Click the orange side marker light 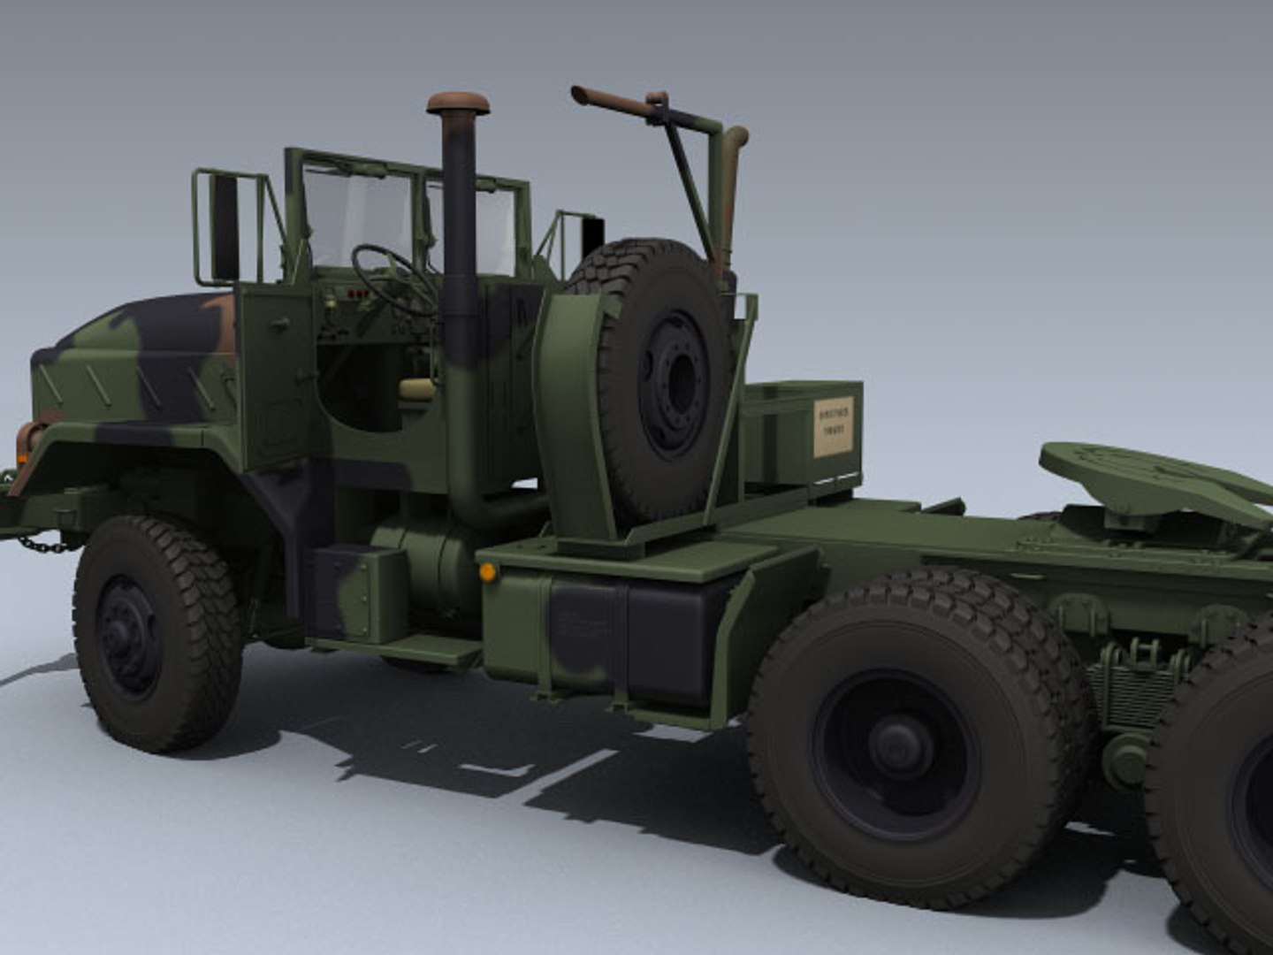tap(486, 572)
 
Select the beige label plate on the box tap(833, 427)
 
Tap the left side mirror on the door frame tap(225, 225)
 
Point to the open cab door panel tap(274, 380)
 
